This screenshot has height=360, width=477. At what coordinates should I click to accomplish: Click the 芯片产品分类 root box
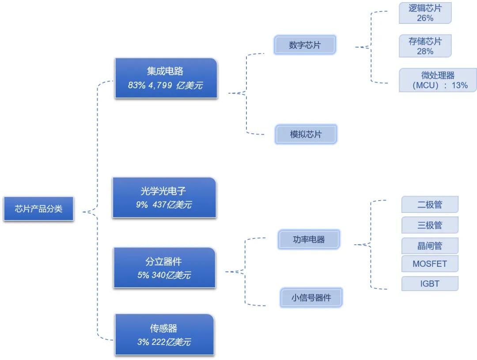[x=38, y=208]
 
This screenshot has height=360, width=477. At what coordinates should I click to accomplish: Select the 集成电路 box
[x=166, y=78]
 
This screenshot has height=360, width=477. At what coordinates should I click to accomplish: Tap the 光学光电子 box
[x=164, y=197]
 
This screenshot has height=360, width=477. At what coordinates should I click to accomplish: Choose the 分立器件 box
[x=164, y=268]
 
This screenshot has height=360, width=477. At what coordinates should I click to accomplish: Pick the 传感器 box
[x=164, y=334]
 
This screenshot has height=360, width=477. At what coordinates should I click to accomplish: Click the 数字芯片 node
[x=305, y=45]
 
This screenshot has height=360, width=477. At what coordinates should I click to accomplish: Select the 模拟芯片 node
[x=306, y=134]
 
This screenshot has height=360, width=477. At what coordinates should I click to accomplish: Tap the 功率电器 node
[x=309, y=239]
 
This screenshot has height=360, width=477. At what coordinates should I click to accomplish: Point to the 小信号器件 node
[x=311, y=298]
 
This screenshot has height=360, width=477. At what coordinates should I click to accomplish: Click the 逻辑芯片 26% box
[x=425, y=13]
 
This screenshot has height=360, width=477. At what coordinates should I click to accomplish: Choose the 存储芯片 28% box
[x=425, y=46]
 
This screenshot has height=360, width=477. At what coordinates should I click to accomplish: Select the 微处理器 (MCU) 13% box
[x=438, y=80]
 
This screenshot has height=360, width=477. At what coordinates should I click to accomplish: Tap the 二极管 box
[x=430, y=205]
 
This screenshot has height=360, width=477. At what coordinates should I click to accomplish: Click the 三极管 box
[x=430, y=225]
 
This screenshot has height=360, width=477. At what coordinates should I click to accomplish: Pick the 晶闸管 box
[x=430, y=246]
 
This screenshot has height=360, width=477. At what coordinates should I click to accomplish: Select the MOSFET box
[x=430, y=264]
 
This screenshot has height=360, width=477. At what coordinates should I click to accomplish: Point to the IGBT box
[x=430, y=284]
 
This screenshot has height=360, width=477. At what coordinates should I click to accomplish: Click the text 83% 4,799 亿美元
[x=165, y=86]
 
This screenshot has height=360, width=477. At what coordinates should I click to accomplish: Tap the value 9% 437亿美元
[x=164, y=205]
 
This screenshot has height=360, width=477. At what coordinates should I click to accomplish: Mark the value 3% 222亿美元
[x=164, y=342]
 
